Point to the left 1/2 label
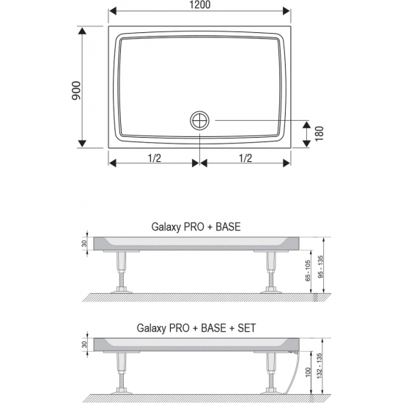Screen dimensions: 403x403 (154, 158)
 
